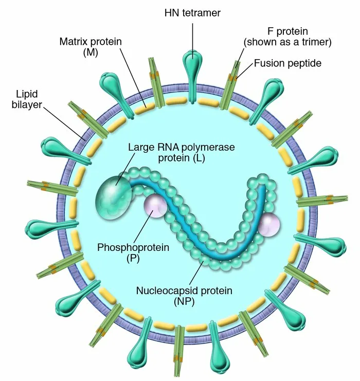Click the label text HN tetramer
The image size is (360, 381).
[x=193, y=12]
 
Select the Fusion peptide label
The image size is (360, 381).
[x=287, y=64]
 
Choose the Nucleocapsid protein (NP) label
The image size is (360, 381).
[x=184, y=296]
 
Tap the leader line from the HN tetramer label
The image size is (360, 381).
[x=193, y=36]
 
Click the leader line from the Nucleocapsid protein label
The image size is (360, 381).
[x=201, y=270]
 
